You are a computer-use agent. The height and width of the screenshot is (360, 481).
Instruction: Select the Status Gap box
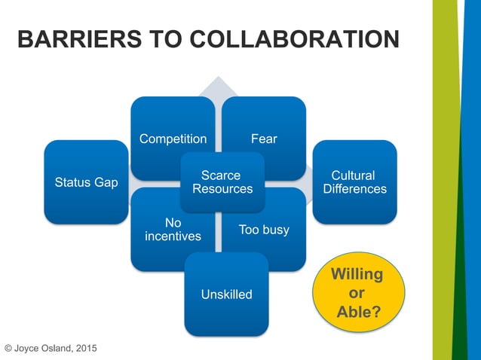tap(86, 182)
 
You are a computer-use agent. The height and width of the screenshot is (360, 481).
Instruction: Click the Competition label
tap(173, 139)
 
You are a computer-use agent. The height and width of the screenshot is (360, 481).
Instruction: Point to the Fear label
tap(265, 139)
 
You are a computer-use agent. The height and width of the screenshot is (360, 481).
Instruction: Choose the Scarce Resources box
tap(222, 182)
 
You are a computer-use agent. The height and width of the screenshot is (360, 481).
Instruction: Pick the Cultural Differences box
tap(354, 182)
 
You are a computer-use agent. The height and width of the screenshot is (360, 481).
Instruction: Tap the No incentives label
tap(173, 230)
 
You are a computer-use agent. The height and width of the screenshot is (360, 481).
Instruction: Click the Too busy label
tap(264, 230)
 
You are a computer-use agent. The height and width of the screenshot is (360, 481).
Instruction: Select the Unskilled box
tap(226, 294)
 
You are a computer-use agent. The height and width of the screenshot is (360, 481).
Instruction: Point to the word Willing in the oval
tap(357, 273)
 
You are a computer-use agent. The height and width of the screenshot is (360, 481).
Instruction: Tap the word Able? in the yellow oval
tap(358, 310)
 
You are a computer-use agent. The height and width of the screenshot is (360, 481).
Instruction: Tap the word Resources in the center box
tap(222, 189)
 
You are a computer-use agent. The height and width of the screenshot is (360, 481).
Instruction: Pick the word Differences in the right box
tap(354, 189)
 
